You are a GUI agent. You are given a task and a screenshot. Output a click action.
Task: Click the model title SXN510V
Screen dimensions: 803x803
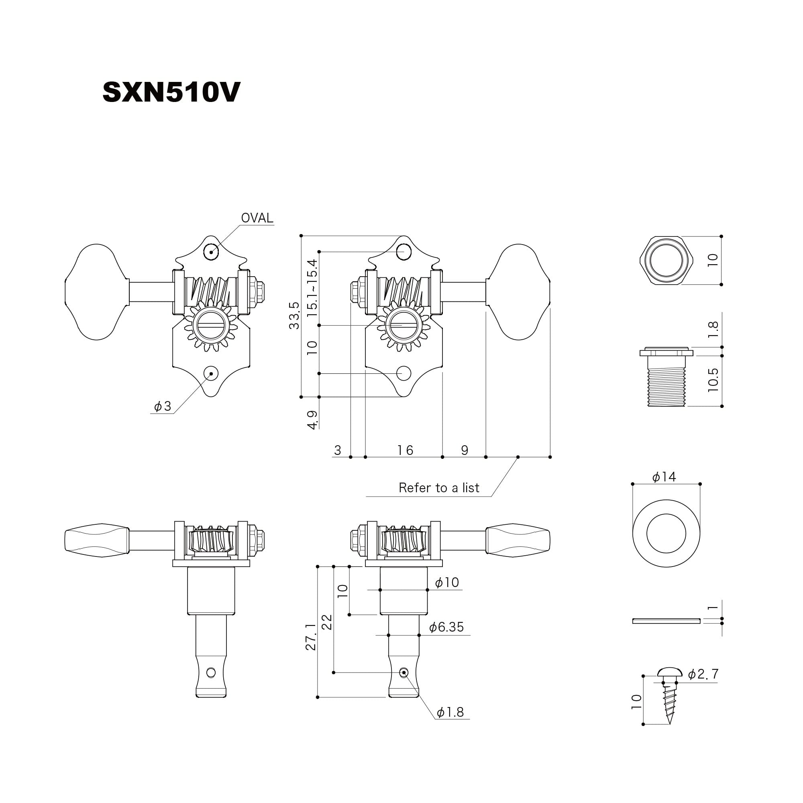tap(171, 92)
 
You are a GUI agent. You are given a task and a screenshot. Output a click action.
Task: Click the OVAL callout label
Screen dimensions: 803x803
tap(257, 218)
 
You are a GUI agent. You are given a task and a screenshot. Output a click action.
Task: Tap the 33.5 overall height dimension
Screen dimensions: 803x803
tap(294, 316)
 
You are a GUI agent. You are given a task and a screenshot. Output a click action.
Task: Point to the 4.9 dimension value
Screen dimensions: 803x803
tap(312, 420)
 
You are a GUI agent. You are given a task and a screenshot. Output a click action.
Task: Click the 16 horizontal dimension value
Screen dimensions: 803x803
tap(405, 450)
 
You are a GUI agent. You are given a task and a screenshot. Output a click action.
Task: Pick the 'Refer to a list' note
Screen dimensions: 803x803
tap(439, 487)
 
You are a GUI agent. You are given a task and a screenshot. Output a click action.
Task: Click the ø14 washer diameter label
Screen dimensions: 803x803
tap(664, 477)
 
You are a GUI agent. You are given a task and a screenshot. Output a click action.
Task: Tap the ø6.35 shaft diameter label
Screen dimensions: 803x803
tap(446, 627)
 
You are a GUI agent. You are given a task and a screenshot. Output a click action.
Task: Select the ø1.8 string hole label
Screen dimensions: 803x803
tap(450, 712)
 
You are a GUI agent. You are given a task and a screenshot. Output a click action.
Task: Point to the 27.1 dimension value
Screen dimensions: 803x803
tap(311, 636)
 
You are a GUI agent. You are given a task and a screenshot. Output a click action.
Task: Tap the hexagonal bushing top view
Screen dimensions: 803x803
tap(666, 261)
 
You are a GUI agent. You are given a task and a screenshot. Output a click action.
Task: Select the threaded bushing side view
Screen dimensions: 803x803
tap(666, 376)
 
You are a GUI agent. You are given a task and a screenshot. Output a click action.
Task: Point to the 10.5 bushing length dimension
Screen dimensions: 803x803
tap(713, 379)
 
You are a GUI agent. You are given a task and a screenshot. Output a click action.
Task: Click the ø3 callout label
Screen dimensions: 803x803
tap(163, 406)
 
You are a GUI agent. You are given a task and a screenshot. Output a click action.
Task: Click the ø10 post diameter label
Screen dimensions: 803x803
tap(447, 582)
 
